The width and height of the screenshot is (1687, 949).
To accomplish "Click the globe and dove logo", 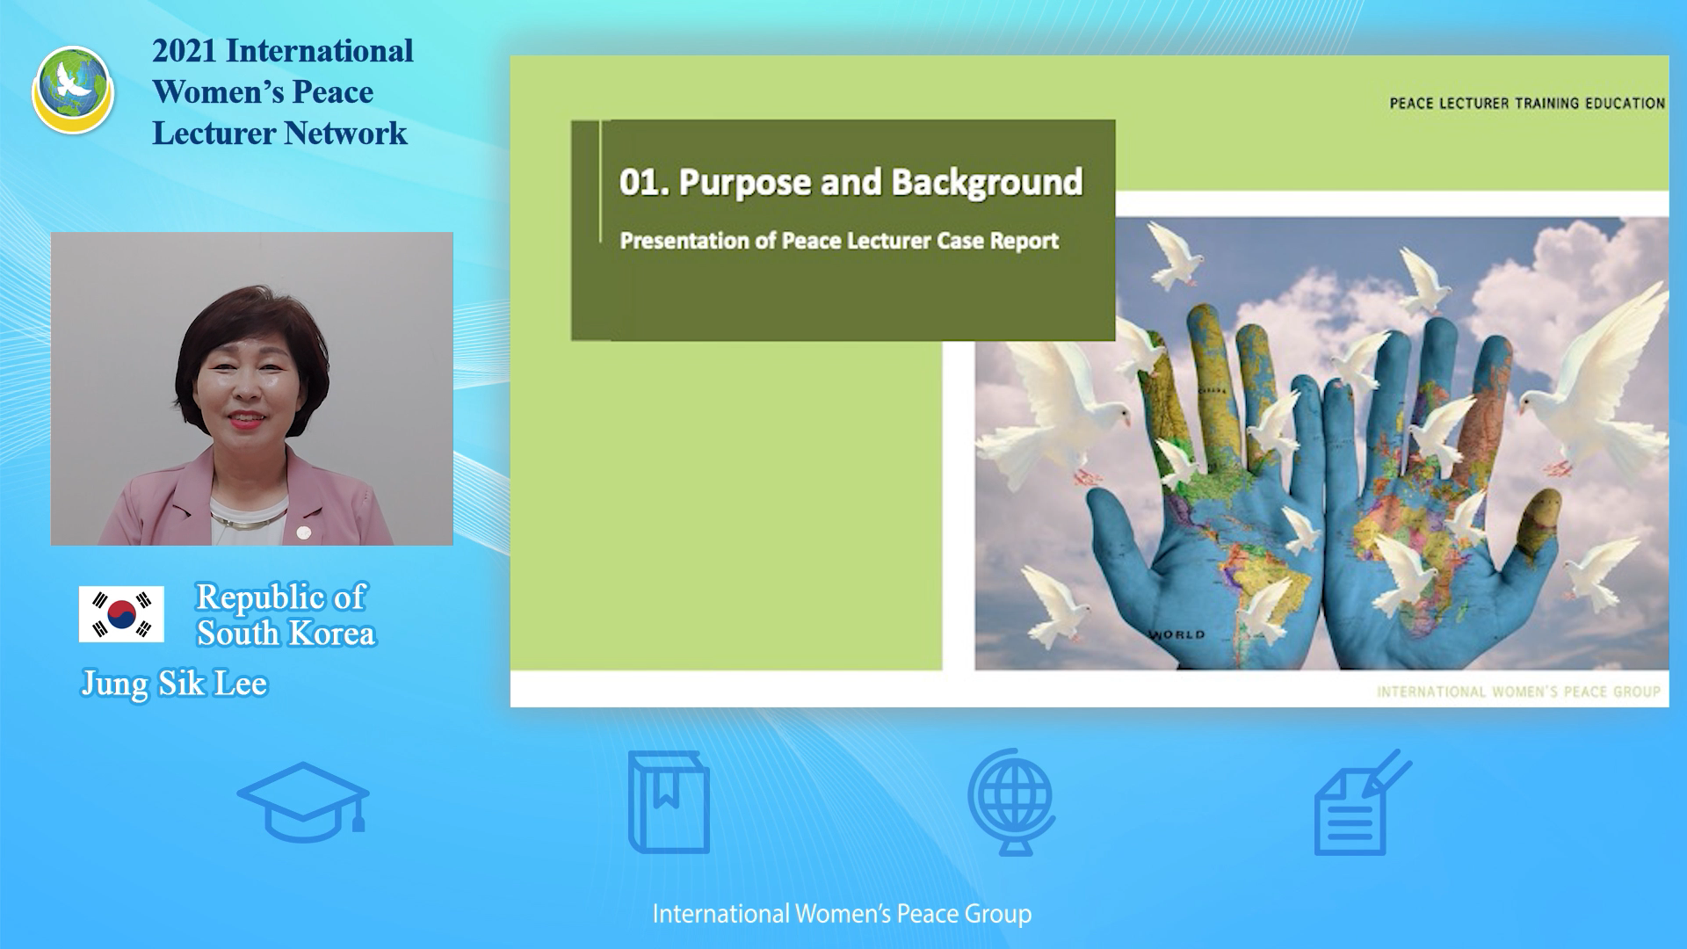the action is (x=73, y=90).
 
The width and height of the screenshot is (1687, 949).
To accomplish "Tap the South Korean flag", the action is (x=121, y=614).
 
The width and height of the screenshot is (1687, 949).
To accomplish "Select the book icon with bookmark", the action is (x=669, y=802).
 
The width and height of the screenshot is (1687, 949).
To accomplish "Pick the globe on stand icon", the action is (x=1012, y=801).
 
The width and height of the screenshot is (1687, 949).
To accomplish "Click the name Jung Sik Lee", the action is (x=174, y=684).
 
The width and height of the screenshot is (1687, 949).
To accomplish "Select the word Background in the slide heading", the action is (x=987, y=182).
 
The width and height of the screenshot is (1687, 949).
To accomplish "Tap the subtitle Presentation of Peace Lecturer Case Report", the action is (x=839, y=241).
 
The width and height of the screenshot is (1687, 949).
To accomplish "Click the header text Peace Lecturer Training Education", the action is (x=1527, y=104).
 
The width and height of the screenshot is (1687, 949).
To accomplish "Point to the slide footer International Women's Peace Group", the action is (x=1518, y=692).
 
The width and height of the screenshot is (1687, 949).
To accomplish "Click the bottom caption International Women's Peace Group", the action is (x=842, y=914).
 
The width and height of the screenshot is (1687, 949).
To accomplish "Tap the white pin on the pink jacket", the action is (x=304, y=532).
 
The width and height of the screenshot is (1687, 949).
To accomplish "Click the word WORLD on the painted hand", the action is (x=1177, y=634).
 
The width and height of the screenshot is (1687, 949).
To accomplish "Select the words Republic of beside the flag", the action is (x=280, y=598).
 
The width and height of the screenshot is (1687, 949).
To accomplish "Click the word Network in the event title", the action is (x=345, y=134).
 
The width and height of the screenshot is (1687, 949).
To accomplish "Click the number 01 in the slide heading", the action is (x=640, y=182).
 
